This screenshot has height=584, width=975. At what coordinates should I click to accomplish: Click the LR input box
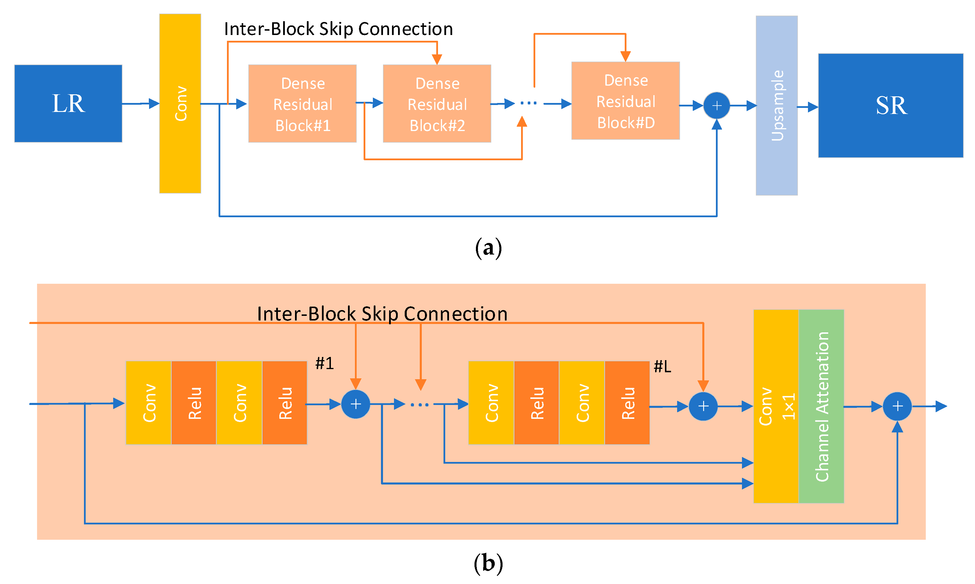point(68,104)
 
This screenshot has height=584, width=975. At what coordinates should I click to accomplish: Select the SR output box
point(890,106)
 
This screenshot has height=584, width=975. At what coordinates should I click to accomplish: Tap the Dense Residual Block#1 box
point(303,104)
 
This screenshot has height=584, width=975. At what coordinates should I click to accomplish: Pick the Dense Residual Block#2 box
point(437,104)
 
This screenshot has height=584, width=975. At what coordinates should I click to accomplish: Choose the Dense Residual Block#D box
point(625,101)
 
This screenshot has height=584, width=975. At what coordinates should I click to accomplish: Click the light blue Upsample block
point(776,106)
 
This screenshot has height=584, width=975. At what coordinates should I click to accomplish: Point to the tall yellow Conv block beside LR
point(180,104)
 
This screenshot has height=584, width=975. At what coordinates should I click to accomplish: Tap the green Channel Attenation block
point(821,406)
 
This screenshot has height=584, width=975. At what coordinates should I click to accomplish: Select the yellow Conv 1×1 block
point(775,406)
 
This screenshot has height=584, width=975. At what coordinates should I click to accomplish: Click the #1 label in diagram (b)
point(325,363)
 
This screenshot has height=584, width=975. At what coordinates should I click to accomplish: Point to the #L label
point(662,367)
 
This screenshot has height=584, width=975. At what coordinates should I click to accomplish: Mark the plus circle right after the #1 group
point(355,404)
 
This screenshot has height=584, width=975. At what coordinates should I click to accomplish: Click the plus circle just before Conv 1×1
point(703,406)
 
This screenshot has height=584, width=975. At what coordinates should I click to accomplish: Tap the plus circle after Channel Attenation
point(897,406)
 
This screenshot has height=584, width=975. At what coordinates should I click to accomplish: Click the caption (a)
point(488,248)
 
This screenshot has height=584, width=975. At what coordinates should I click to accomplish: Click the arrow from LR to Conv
point(141,104)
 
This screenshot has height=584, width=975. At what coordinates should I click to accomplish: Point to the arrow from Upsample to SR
point(807,107)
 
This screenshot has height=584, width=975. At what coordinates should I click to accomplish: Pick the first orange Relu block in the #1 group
point(194,403)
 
